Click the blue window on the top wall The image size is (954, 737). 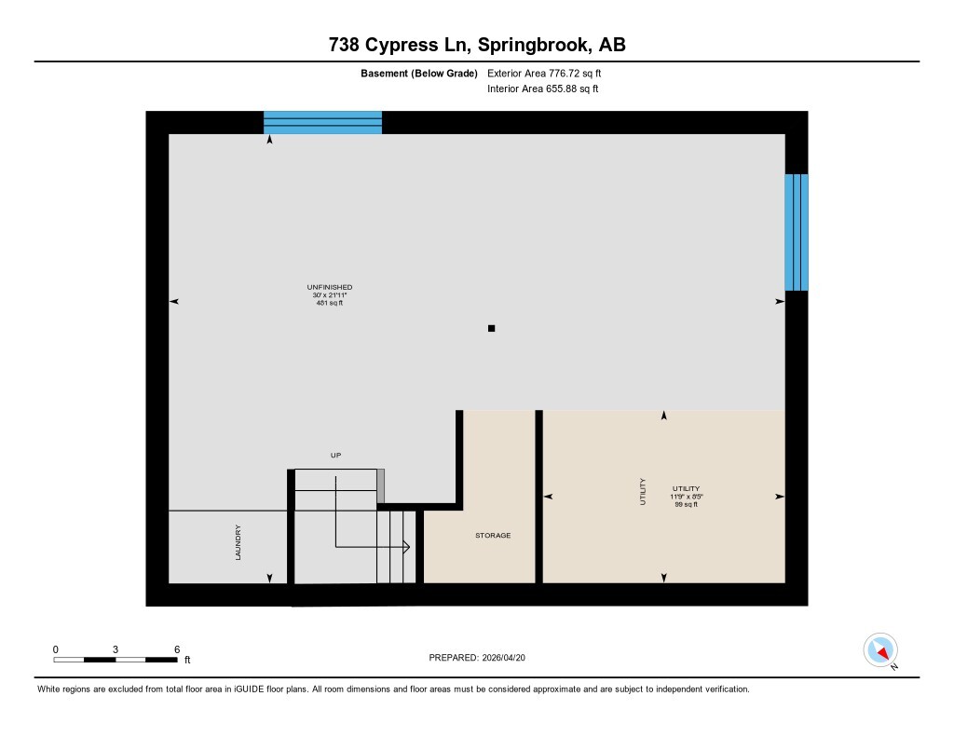pyautogui.click(x=322, y=122)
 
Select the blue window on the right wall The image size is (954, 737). pyautogui.click(x=796, y=232)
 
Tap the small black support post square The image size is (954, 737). pyautogui.click(x=492, y=328)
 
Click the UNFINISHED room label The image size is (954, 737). pyautogui.click(x=330, y=287)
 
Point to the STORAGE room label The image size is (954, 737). pyautogui.click(x=493, y=535)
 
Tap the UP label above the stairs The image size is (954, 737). pyautogui.click(x=336, y=456)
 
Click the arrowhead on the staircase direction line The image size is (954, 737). pyautogui.click(x=406, y=547)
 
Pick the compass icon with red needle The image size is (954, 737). pyautogui.click(x=880, y=649)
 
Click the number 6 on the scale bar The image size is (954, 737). pyautogui.click(x=176, y=648)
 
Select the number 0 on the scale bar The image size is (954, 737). pyautogui.click(x=56, y=648)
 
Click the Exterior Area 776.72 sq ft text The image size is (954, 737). pyautogui.click(x=551, y=73)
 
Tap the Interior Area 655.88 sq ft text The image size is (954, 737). pyautogui.click(x=542, y=89)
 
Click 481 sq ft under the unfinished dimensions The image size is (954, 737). pyautogui.click(x=330, y=303)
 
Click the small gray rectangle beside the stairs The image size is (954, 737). pyautogui.click(x=380, y=485)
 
